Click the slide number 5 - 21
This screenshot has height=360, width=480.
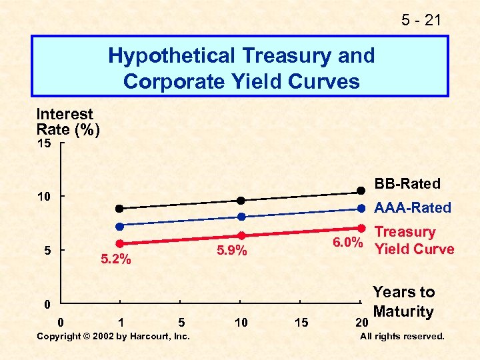(x=421, y=21)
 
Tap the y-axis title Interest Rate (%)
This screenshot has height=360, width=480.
(x=67, y=122)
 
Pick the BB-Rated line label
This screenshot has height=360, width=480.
(x=407, y=183)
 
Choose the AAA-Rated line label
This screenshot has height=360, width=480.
(x=413, y=207)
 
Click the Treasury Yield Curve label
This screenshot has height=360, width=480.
(x=414, y=241)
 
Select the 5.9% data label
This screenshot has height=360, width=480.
(x=232, y=251)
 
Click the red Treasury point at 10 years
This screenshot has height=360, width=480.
(x=242, y=235)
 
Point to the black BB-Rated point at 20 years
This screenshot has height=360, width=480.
(x=361, y=190)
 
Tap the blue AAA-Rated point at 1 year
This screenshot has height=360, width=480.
(x=120, y=227)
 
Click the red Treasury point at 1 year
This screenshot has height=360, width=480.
(x=120, y=244)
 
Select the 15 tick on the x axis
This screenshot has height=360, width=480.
(x=301, y=323)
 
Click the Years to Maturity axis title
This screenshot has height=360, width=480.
(x=403, y=301)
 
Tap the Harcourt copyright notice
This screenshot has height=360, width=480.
(x=113, y=336)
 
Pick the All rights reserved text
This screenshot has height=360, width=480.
(x=402, y=336)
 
